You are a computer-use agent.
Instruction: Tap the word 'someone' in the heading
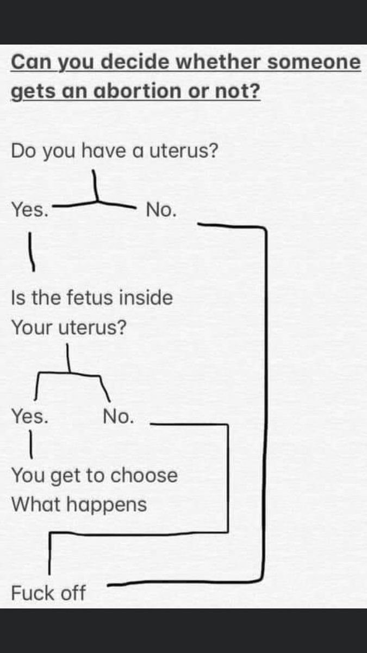[313, 62]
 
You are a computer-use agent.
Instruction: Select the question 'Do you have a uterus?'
[115, 151]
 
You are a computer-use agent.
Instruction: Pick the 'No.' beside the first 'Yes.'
[161, 210]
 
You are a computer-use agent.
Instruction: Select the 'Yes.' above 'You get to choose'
[30, 417]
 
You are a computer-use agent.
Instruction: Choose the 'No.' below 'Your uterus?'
[118, 417]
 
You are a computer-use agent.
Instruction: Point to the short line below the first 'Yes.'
[32, 251]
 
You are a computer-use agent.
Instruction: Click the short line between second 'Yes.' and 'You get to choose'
[30, 444]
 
